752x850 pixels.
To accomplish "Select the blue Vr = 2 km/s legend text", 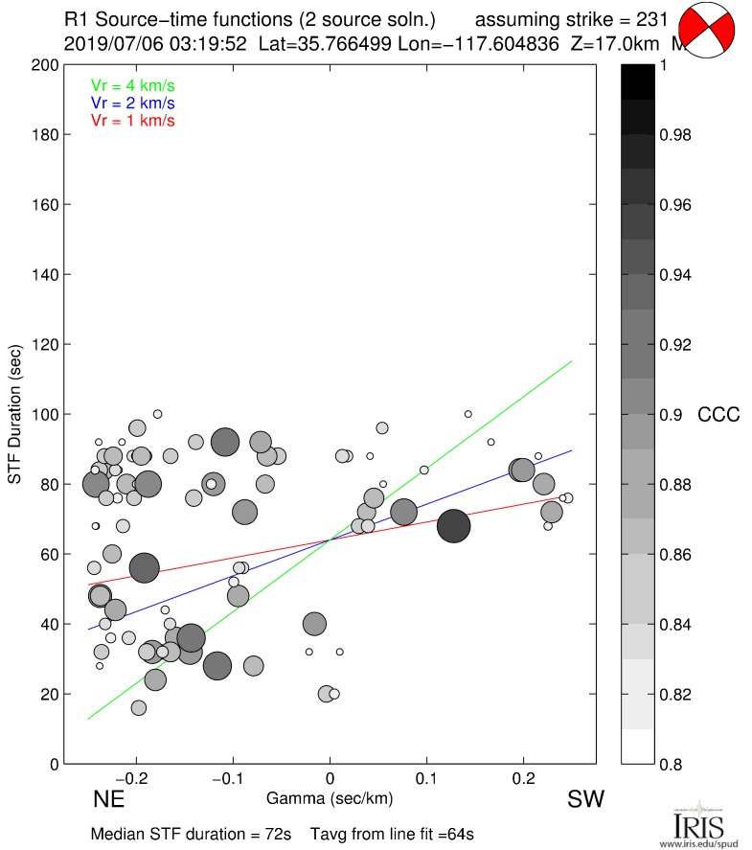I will click(132, 103).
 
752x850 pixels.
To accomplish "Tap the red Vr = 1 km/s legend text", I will click(132, 121).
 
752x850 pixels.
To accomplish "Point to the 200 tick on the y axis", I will click(42, 65).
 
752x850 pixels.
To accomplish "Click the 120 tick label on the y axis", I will click(42, 345).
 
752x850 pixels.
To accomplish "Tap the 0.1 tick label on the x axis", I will click(426, 779).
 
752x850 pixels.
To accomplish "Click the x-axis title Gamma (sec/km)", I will click(330, 797).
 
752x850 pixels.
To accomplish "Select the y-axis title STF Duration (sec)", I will click(15, 415).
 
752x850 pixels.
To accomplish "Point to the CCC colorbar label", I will click(718, 415).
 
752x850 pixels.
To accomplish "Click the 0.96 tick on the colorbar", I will click(675, 205).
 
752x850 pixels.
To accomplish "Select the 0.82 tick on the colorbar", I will click(675, 694).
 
